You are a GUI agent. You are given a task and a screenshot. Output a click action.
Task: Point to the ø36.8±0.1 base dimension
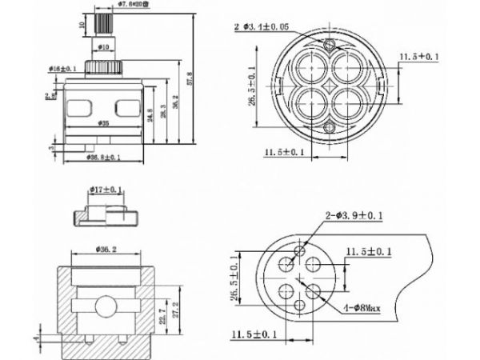pos(104,158)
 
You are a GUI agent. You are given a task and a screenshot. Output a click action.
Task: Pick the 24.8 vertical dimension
pos(150,111)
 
